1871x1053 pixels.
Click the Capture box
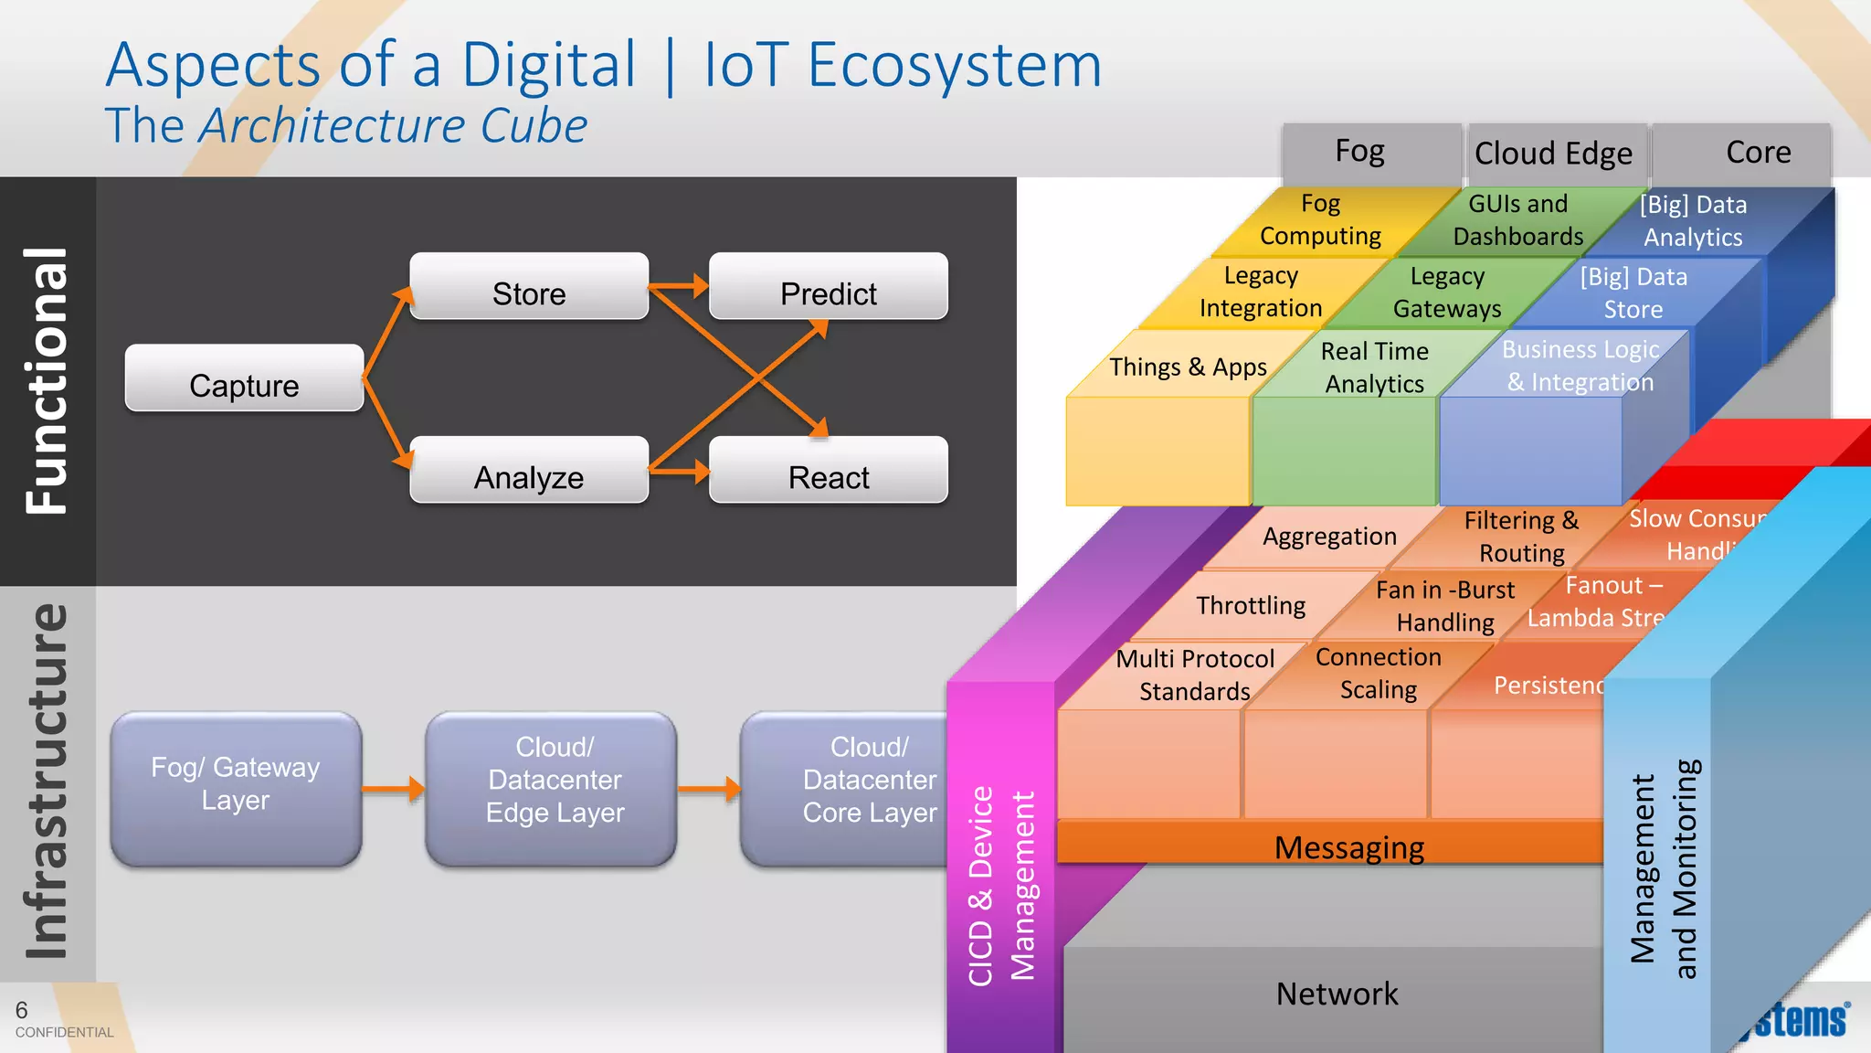(244, 378)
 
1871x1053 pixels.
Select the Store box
(529, 287)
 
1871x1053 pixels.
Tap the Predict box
(828, 287)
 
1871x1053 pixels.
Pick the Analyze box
(529, 471)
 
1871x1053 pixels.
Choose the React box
(828, 471)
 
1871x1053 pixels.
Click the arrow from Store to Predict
(679, 286)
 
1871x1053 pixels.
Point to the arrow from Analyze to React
(679, 472)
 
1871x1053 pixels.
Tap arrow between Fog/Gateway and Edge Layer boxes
(393, 788)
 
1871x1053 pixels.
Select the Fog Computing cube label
(1320, 219)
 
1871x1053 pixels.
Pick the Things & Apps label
(1188, 367)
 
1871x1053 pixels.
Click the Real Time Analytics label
(1375, 367)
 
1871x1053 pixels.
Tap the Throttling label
(1251, 605)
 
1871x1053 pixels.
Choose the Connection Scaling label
(1378, 674)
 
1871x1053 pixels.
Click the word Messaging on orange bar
(1348, 847)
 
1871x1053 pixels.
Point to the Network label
(1337, 994)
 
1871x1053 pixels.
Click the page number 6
(21, 1010)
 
